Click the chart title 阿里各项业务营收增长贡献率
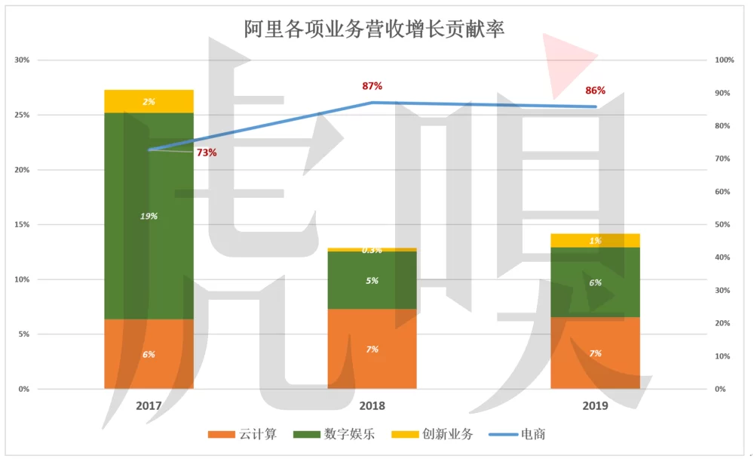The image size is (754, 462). [x=374, y=29]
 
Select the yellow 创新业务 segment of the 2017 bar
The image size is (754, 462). [x=149, y=101]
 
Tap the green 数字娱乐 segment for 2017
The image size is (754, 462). [x=149, y=216]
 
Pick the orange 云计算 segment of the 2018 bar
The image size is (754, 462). [x=372, y=349]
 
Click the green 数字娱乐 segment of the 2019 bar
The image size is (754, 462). [x=595, y=282]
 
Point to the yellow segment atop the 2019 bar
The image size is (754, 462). [x=595, y=241]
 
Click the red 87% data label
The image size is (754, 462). [x=372, y=86]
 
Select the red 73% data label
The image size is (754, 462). [x=207, y=152]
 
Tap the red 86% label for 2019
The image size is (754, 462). [x=595, y=91]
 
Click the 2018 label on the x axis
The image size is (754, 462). [x=372, y=406]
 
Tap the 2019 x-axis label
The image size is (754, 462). [x=595, y=406]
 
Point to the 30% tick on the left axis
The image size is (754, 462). [x=22, y=60]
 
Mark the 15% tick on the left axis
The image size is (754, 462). [x=22, y=225]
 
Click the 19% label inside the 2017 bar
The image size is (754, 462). [x=149, y=216]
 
